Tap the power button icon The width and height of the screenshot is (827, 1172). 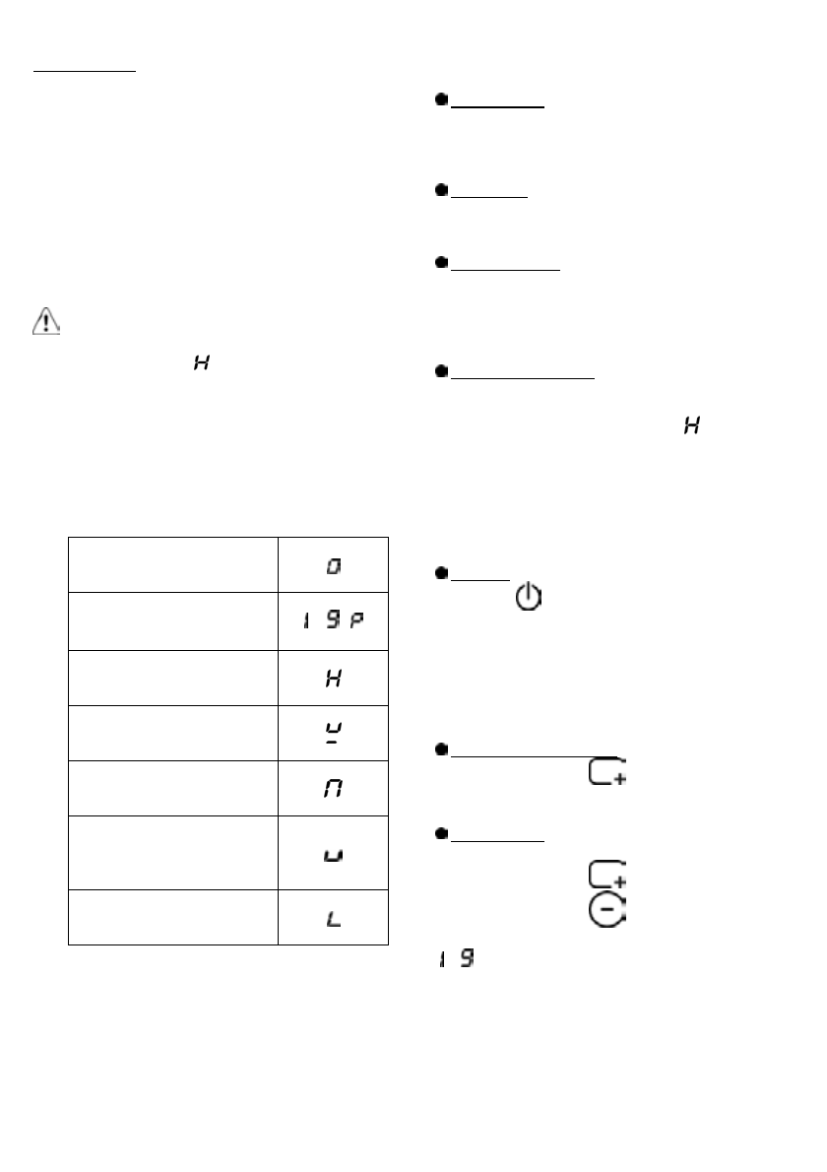(529, 597)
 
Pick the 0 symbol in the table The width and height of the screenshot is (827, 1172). (335, 566)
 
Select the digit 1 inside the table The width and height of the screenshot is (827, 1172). (309, 622)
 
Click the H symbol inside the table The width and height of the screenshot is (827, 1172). (335, 679)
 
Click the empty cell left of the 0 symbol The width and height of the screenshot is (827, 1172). (173, 564)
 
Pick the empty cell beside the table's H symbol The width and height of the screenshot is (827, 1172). (173, 677)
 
